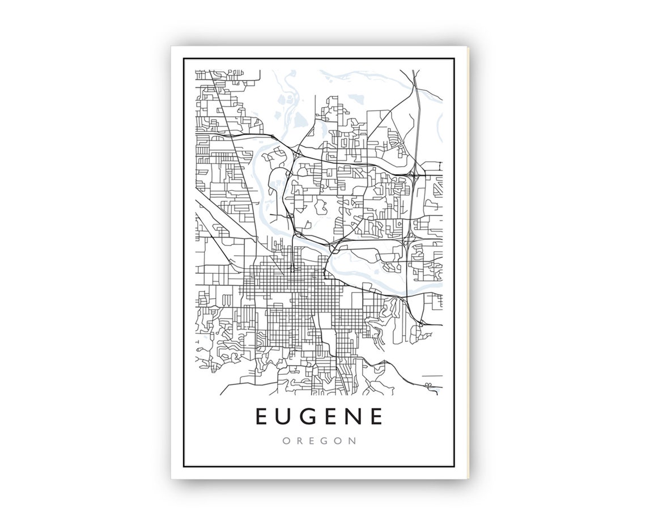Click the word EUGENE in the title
320,417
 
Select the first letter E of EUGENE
262,417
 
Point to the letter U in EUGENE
284,417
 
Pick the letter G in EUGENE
309,417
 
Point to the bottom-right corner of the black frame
454,466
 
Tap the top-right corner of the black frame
454,58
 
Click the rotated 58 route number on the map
428,386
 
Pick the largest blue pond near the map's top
299,119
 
